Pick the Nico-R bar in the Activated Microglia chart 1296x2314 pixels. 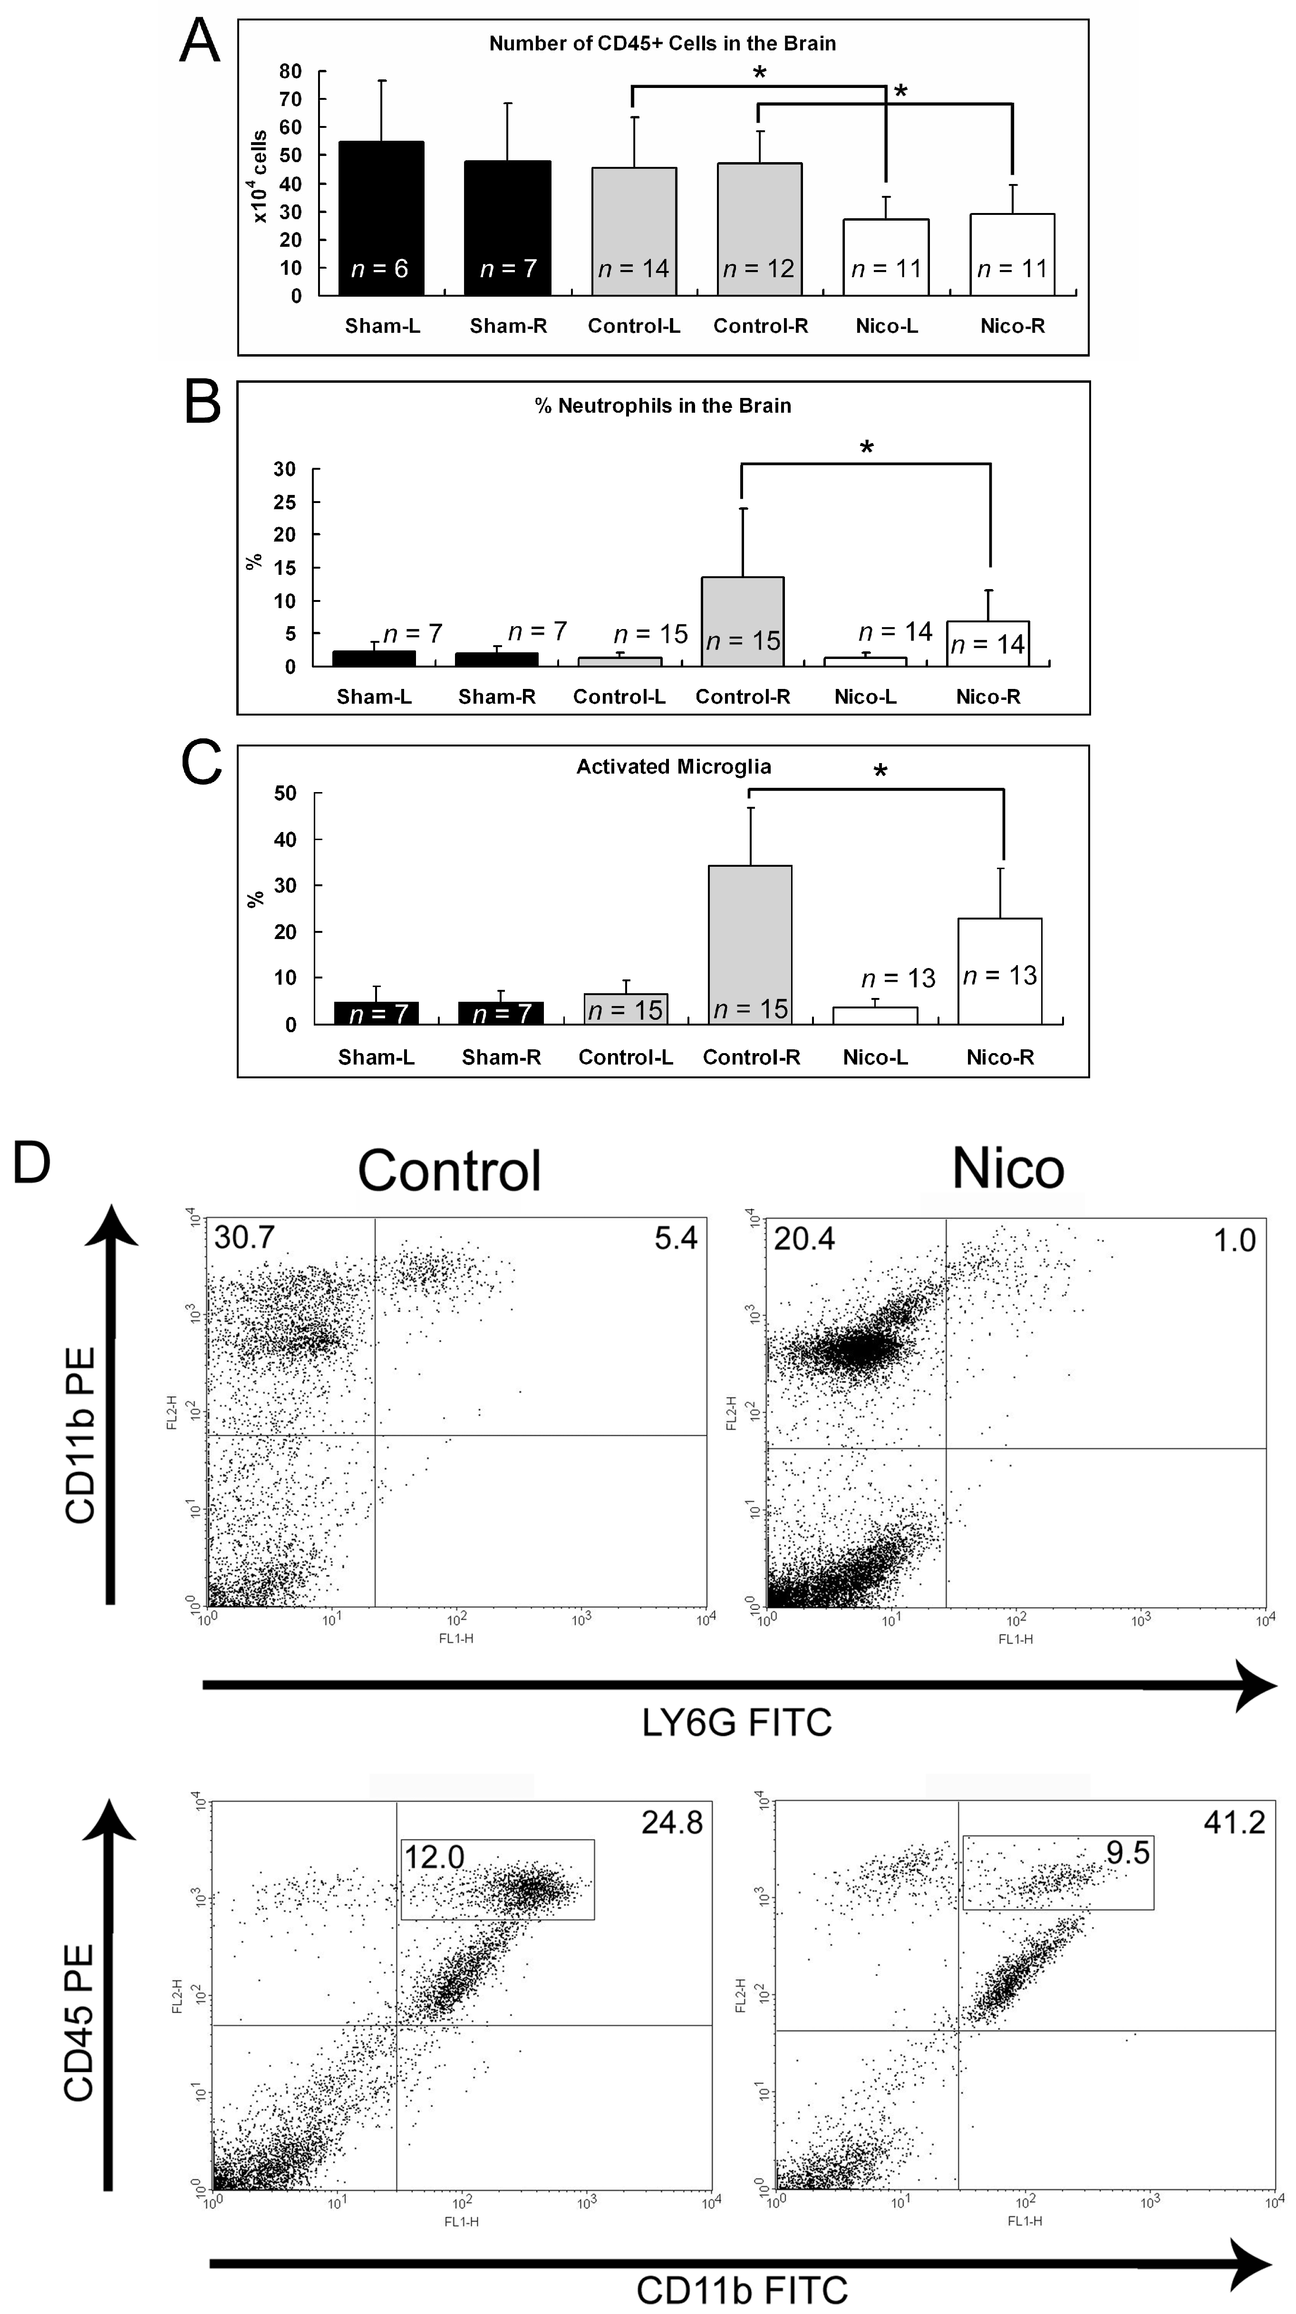point(1000,970)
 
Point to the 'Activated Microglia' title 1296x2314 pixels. point(674,766)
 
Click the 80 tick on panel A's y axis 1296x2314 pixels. point(290,71)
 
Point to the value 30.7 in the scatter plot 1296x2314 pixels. point(243,1238)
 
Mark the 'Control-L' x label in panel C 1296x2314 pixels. point(625,1057)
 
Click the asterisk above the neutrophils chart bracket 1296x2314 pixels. point(866,446)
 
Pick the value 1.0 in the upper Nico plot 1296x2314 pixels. point(1234,1240)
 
